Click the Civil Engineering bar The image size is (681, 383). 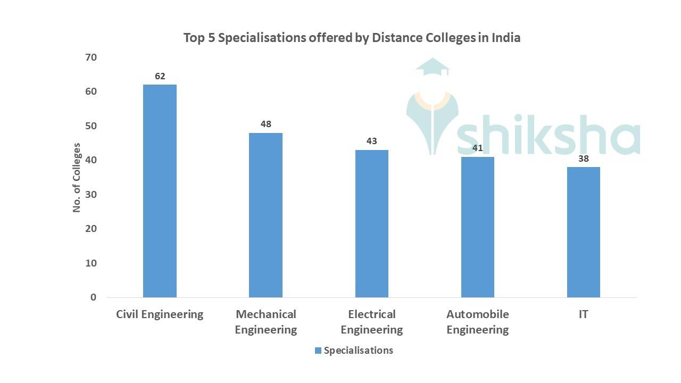(160, 191)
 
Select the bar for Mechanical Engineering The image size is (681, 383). (265, 215)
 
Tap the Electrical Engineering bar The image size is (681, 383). (371, 223)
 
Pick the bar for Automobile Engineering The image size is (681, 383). (477, 227)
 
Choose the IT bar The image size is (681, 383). (583, 232)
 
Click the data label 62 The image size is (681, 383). (160, 76)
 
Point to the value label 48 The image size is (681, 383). (265, 124)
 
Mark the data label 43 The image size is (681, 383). (371, 141)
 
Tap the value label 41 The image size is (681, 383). (477, 148)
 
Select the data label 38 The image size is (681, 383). (583, 159)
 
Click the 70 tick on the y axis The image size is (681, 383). (90, 57)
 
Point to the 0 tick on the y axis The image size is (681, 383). (93, 297)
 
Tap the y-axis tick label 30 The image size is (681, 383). (90, 194)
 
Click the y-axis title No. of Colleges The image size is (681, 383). (77, 178)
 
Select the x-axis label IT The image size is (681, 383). (583, 314)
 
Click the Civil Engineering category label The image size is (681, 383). (160, 314)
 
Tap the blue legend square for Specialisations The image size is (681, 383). (318, 351)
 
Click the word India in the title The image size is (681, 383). (505, 38)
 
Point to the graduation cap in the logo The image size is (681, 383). (433, 68)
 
